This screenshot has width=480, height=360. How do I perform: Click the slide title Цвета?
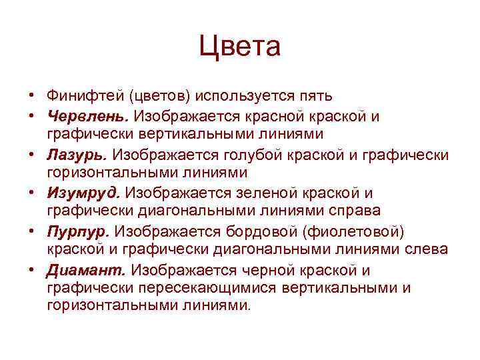coord(240,47)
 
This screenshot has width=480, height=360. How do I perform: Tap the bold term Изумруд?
coord(83,193)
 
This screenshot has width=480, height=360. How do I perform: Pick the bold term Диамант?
coord(87,271)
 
